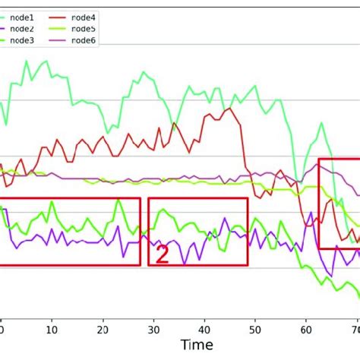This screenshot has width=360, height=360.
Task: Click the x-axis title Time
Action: [197, 345]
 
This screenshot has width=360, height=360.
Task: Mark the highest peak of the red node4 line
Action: [229, 109]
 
